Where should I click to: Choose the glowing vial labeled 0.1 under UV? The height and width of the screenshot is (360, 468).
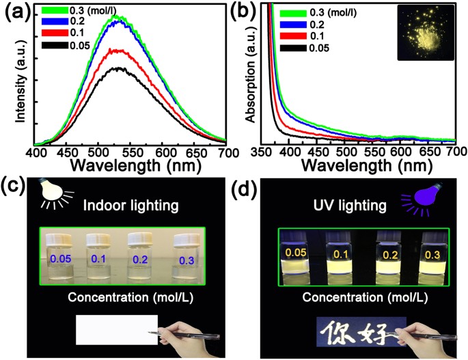(x=340, y=258)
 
